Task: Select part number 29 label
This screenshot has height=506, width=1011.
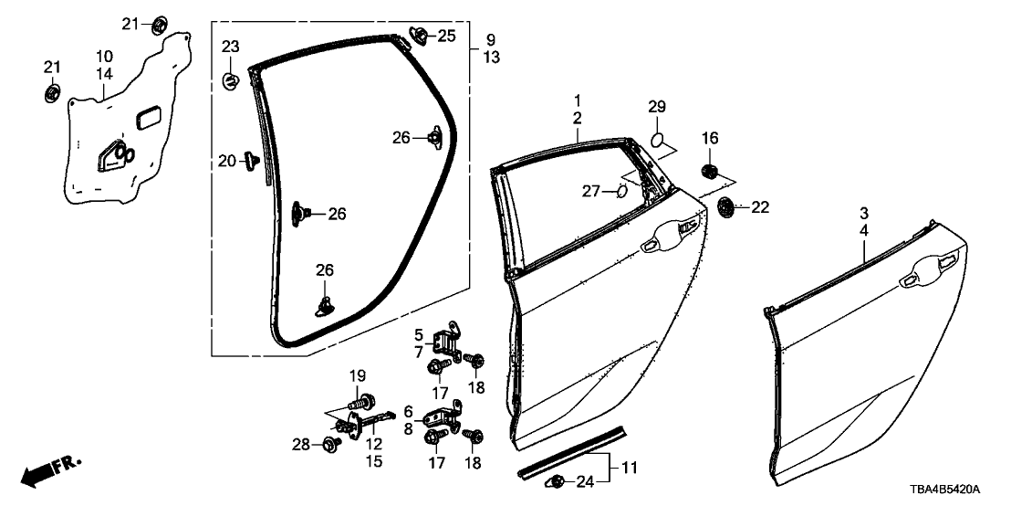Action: (x=658, y=109)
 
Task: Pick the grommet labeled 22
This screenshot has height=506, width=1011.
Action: (x=727, y=207)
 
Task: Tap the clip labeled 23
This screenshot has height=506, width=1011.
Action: (x=231, y=80)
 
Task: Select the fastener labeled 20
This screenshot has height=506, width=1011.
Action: (x=250, y=162)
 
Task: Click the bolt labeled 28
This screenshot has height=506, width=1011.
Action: (x=330, y=444)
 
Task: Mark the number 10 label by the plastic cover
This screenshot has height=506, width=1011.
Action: (x=103, y=56)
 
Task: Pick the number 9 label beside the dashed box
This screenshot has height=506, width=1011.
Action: (x=490, y=40)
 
